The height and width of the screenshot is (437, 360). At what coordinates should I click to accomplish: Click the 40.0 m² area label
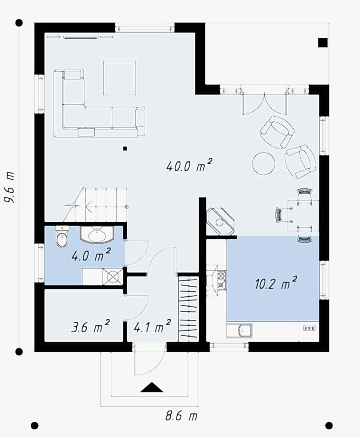(189, 165)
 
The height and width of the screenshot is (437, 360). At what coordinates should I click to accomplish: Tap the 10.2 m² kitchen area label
(276, 283)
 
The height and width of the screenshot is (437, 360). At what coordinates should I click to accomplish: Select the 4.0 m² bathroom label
(91, 255)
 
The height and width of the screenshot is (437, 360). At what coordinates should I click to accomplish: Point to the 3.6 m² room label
(90, 326)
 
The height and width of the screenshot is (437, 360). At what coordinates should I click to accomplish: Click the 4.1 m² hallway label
(152, 326)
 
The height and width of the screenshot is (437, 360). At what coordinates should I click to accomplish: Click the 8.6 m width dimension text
(181, 416)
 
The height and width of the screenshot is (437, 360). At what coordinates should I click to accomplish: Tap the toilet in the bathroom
(62, 237)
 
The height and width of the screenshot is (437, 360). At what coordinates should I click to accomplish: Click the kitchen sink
(240, 331)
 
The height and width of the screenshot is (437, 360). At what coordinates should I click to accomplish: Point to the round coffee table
(264, 164)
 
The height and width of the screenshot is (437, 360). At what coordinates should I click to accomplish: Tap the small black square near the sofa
(125, 148)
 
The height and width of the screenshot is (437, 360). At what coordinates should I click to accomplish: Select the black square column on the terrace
(323, 42)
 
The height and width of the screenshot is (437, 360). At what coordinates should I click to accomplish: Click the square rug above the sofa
(120, 78)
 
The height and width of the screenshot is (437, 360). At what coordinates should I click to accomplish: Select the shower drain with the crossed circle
(113, 277)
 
